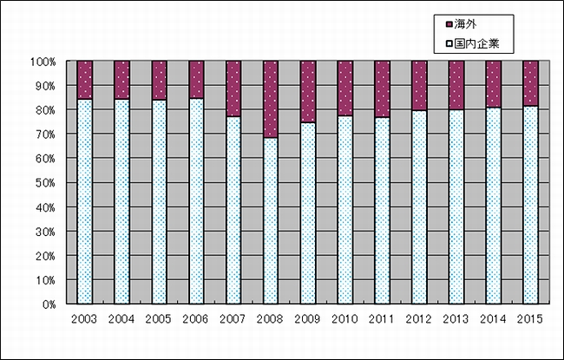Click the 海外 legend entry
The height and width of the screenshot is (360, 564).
click(466, 23)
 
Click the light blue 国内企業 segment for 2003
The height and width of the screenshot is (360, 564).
click(85, 201)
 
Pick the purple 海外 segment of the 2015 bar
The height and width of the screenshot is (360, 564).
click(531, 83)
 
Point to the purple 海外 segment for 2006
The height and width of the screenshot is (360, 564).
click(197, 80)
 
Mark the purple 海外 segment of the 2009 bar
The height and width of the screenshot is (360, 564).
click(308, 91)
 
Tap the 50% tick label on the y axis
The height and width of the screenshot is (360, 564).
click(44, 183)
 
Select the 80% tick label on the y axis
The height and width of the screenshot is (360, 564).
click(44, 110)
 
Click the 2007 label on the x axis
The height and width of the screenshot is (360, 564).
click(233, 319)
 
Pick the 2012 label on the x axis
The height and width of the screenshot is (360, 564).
click(419, 319)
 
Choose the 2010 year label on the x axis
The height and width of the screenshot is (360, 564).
click(345, 319)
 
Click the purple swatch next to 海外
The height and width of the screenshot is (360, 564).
click(449, 23)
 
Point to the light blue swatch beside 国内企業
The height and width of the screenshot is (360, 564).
click(449, 41)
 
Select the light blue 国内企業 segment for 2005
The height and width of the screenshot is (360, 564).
click(160, 202)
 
